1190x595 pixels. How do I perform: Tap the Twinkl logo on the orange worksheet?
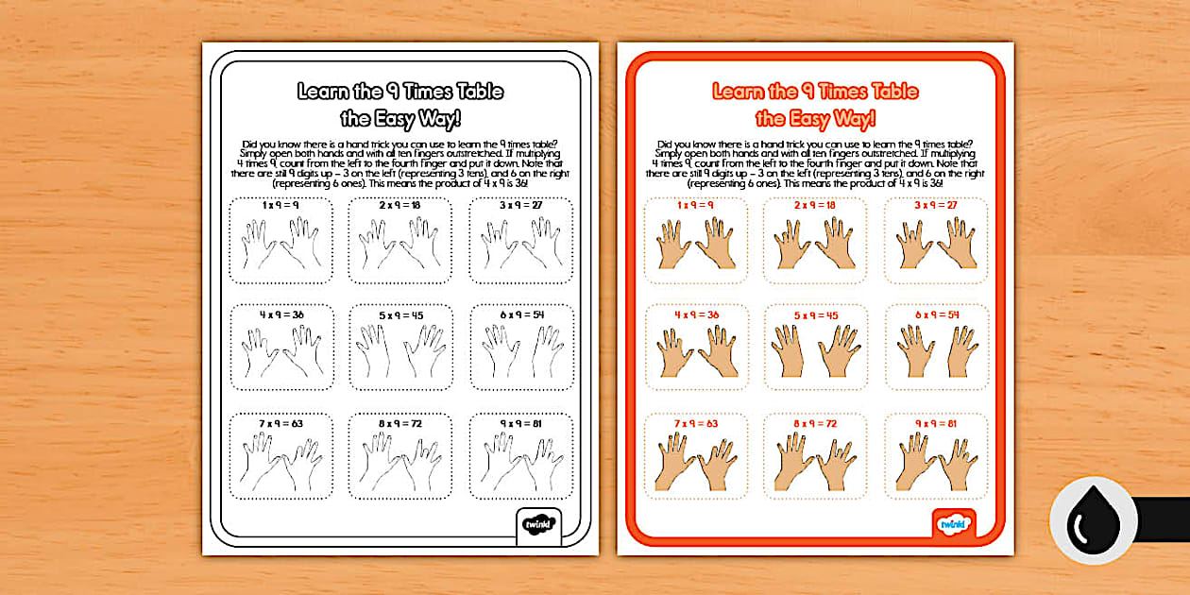tap(952, 522)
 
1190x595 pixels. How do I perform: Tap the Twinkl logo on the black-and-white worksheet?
tap(540, 522)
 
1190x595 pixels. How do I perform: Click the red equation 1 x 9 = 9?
tap(696, 205)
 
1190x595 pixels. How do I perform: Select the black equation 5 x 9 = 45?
tap(399, 314)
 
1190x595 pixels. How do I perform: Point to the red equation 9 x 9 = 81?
tap(936, 424)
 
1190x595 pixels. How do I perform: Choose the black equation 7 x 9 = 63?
tap(280, 424)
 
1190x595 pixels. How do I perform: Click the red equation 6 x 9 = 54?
tap(936, 314)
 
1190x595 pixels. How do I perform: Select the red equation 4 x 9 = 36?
tap(696, 314)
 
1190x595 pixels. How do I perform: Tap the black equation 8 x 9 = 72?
tap(399, 424)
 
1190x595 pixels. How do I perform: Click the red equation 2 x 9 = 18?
tap(816, 205)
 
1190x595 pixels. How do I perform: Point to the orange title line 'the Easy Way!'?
tap(815, 119)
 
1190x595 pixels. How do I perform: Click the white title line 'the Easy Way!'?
tap(400, 119)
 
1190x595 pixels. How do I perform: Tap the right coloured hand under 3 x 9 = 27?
tap(958, 242)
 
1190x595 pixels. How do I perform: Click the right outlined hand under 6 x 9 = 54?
tap(545, 350)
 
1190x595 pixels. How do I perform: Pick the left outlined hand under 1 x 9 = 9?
tap(259, 244)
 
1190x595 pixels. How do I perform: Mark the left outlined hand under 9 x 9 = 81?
tap(498, 462)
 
